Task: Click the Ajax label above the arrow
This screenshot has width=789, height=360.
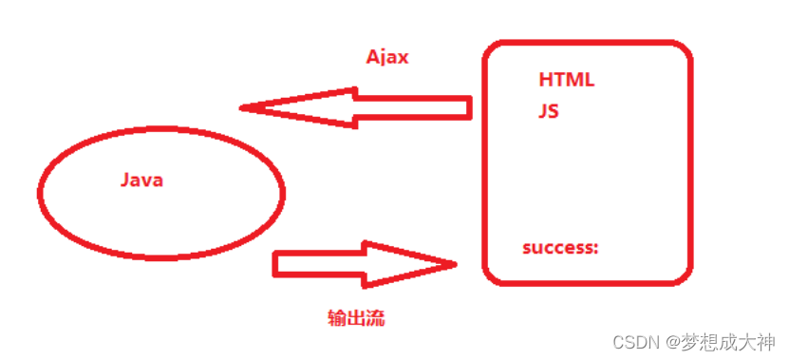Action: point(387,57)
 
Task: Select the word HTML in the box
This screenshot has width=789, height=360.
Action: point(566,80)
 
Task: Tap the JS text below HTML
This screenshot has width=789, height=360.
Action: point(549,111)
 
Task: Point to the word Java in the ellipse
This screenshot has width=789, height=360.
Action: point(142,180)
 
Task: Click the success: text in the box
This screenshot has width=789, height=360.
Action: point(560,248)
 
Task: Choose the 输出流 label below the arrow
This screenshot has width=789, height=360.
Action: point(354,318)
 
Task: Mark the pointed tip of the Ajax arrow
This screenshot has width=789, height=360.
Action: point(243,106)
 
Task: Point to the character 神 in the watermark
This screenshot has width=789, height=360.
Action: point(765,341)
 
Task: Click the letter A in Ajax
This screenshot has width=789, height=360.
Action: point(373,57)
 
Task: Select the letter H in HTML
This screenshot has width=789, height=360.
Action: point(545,80)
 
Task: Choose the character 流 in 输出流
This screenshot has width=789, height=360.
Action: point(375,318)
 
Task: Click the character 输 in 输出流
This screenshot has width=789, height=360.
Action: point(334,318)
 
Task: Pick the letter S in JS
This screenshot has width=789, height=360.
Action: point(554,111)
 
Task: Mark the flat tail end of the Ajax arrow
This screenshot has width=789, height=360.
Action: point(470,106)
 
